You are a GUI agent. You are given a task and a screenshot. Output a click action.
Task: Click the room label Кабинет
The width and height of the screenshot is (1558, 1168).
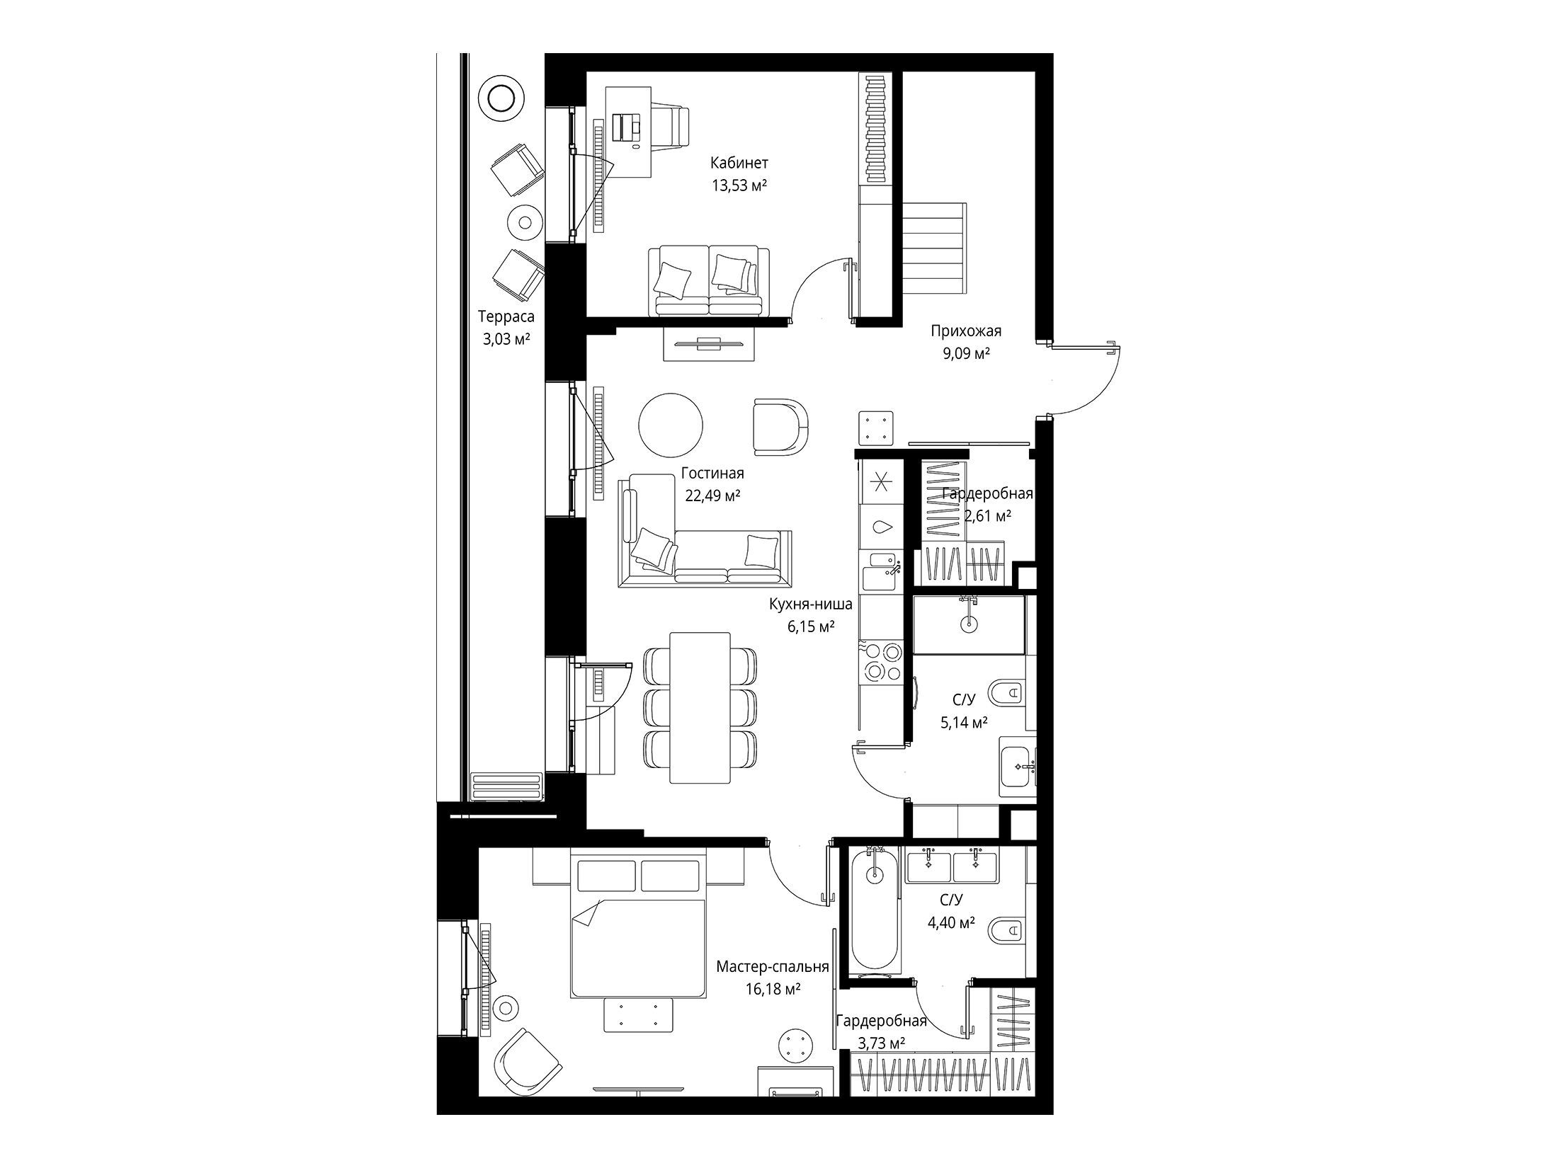pos(739,164)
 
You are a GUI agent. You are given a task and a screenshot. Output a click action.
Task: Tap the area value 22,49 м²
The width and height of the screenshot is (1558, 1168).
pos(712,496)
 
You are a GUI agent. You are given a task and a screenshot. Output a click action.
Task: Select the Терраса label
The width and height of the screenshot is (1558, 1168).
pos(506,317)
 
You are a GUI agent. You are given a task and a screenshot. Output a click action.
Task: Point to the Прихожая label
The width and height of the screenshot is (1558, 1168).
pos(966,331)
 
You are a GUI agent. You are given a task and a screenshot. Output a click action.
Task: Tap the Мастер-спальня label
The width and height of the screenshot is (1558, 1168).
pos(773,966)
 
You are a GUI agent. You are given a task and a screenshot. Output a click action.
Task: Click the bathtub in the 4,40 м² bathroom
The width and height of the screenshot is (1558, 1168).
pos(876,914)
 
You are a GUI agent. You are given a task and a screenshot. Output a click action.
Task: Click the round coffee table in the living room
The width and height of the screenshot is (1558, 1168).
pos(671,425)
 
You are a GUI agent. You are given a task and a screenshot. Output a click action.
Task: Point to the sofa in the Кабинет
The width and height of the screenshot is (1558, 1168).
pos(709,280)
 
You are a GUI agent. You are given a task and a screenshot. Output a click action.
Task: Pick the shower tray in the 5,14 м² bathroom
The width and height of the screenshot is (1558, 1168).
pos(969,624)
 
